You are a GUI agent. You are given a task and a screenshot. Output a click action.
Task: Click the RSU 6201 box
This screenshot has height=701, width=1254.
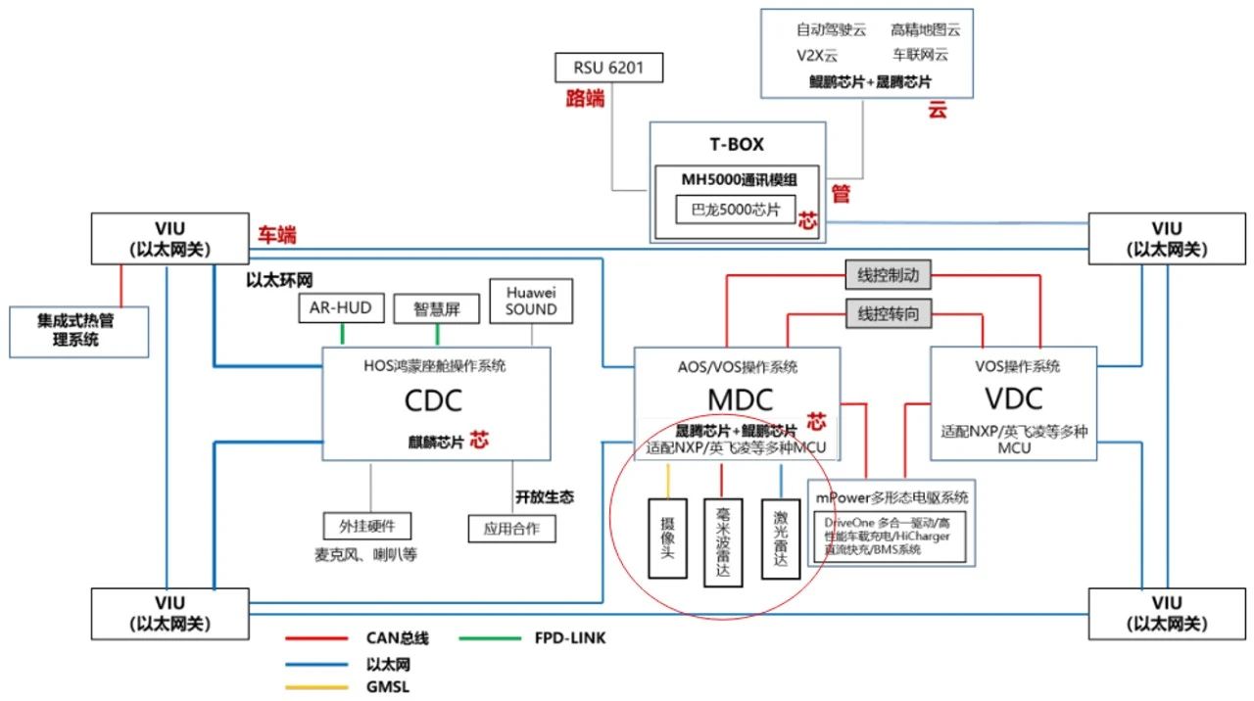tap(608, 68)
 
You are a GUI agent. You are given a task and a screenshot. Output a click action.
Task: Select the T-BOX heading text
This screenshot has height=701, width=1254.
tap(737, 145)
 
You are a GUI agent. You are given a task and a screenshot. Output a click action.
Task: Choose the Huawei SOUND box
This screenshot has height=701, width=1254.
tap(532, 301)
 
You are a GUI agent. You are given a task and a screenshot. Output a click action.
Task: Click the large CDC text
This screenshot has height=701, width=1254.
tap(434, 401)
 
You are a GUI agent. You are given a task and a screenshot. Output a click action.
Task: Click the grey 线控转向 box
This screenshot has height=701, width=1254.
tap(888, 315)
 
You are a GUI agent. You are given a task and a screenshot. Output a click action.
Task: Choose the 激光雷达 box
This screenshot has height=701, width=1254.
tap(781, 539)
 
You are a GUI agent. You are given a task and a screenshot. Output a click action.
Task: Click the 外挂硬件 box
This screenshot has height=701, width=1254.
tap(367, 525)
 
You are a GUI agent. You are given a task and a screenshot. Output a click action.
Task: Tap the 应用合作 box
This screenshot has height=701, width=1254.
tap(511, 529)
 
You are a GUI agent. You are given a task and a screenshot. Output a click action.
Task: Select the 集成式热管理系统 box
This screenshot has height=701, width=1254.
tap(77, 332)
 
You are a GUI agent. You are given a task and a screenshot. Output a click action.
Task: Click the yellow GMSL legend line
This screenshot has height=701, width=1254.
tap(316, 686)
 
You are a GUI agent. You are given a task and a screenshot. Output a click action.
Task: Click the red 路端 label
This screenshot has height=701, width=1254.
tap(585, 98)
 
